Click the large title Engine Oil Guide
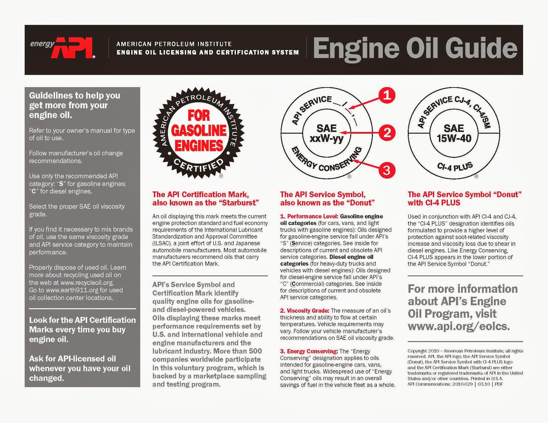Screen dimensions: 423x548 (x=415, y=49)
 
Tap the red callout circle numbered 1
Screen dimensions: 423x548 (x=387, y=95)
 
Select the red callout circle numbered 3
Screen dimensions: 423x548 (x=386, y=170)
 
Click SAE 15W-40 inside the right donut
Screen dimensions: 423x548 (x=454, y=133)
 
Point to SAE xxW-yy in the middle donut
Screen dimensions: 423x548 (x=326, y=133)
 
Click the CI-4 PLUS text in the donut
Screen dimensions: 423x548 (x=455, y=167)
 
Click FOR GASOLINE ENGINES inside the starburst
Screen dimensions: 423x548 (x=199, y=131)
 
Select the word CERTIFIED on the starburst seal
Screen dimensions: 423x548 (x=199, y=166)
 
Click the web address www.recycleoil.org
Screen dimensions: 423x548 (x=87, y=283)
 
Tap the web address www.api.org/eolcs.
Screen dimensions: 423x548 (x=459, y=326)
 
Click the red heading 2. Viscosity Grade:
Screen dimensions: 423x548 (x=304, y=311)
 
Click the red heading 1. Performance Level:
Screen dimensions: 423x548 (x=309, y=216)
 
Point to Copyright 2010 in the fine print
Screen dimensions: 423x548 (x=423, y=351)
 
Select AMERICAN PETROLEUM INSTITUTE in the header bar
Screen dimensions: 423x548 (x=174, y=44)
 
